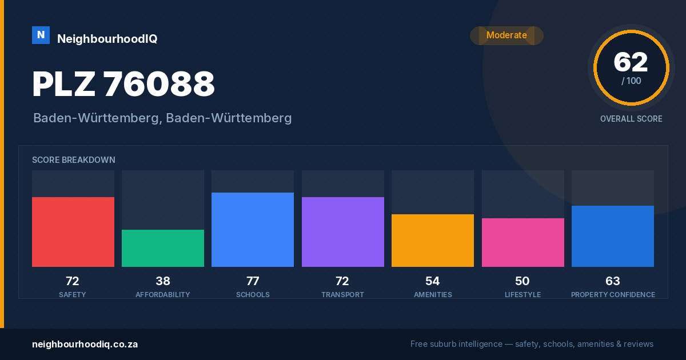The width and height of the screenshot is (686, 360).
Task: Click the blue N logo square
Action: (x=41, y=35)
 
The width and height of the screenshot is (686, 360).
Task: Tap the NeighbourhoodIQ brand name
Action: (x=107, y=39)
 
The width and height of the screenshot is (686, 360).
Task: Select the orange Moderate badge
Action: (x=506, y=35)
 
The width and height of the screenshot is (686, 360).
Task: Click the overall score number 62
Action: (x=631, y=62)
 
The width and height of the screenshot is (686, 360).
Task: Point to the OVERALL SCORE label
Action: (x=631, y=119)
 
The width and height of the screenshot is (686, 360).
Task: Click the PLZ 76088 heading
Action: (x=123, y=84)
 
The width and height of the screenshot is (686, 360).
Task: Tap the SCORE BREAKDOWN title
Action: (x=74, y=160)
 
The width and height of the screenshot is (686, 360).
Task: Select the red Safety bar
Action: (x=73, y=232)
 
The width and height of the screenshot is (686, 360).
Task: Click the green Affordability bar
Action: (x=163, y=248)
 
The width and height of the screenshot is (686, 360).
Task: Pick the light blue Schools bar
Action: (x=253, y=230)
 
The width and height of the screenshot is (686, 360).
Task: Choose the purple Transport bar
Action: (x=343, y=232)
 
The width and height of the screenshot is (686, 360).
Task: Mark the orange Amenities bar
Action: (x=433, y=241)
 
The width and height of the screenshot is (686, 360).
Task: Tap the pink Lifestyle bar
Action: (x=523, y=242)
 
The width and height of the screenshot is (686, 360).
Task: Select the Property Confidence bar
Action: (x=613, y=237)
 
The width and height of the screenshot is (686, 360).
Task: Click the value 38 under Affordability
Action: (x=163, y=281)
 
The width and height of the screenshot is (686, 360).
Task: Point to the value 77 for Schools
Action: (x=253, y=281)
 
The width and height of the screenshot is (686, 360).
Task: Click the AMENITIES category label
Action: (x=433, y=294)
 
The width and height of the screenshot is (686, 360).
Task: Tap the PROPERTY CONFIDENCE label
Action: (x=613, y=294)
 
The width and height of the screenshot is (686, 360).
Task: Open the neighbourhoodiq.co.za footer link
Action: (x=85, y=345)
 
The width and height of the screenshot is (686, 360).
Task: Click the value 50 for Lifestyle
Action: (x=522, y=281)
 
